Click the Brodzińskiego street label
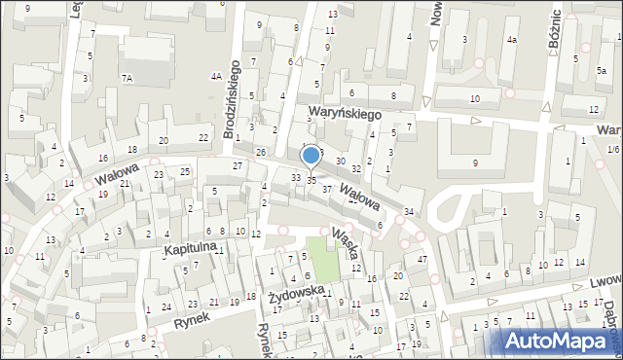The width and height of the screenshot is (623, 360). pos(235,97)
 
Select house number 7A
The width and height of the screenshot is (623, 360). pos(127,77)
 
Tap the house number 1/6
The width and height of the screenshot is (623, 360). pos(612,149)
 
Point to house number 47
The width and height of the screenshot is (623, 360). pos(421,259)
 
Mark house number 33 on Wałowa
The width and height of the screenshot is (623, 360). pos(296,177)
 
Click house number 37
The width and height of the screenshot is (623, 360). pos(327,189)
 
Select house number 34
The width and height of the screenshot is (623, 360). pos(409,211)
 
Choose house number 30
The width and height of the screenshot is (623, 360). pos(340,161)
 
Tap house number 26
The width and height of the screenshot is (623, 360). pos(261,153)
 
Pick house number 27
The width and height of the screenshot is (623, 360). pos(237,165)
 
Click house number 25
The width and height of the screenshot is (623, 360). pos(185,171)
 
